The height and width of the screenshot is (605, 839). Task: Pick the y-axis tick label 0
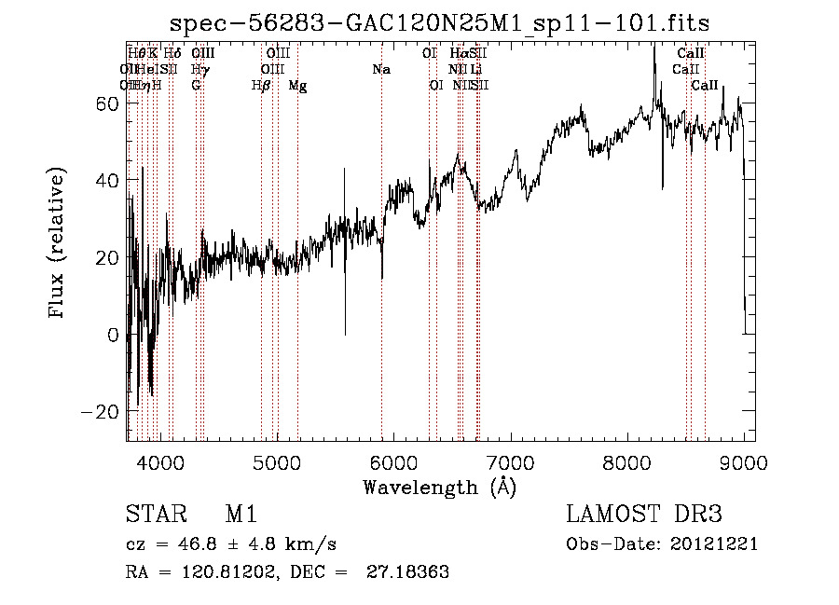click(113, 335)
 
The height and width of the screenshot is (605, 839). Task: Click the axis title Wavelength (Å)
click(439, 487)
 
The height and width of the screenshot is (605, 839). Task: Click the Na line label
click(380, 69)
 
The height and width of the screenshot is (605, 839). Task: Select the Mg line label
click(297, 86)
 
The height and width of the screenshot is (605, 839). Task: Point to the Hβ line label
click(261, 86)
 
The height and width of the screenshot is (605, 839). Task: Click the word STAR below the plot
click(156, 515)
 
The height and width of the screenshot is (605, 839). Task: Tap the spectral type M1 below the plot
click(241, 515)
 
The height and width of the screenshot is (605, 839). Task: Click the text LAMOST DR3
click(643, 515)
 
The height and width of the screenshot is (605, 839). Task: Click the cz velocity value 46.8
click(202, 544)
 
